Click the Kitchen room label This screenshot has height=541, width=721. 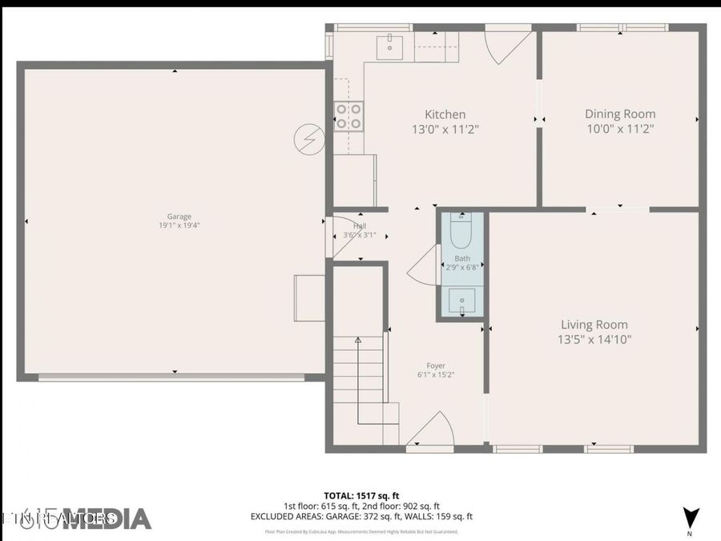click(x=445, y=115)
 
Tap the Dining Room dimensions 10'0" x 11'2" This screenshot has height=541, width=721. click(x=620, y=128)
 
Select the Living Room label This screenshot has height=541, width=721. click(x=594, y=325)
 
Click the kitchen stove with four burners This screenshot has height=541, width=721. click(x=348, y=116)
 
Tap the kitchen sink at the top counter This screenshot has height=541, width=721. click(x=389, y=46)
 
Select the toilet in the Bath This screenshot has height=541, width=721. click(x=461, y=233)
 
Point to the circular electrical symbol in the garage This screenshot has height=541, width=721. click(x=308, y=139)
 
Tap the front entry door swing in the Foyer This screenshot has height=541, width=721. click(x=433, y=430)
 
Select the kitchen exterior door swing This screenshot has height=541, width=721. click(x=509, y=46)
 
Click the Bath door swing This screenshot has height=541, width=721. click(x=422, y=266)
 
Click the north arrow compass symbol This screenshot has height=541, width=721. click(x=689, y=519)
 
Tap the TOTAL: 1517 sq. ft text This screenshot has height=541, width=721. click(x=360, y=495)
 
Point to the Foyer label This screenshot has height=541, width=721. click(x=436, y=366)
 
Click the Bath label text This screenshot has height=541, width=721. click(x=462, y=258)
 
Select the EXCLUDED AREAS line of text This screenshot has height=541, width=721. click(x=361, y=517)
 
